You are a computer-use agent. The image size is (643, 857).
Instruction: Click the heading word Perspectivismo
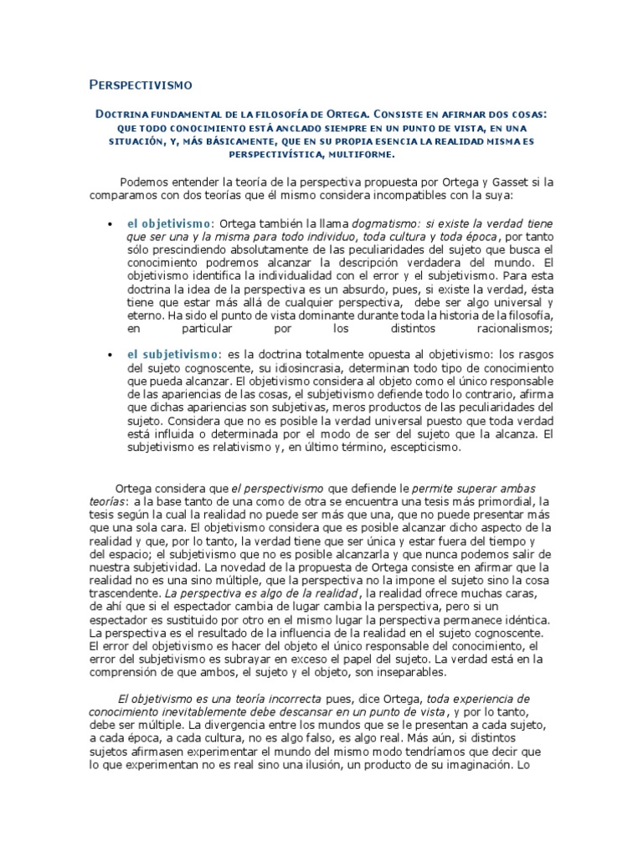coord(141,85)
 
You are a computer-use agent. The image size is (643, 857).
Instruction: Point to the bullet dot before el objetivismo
coord(111,226)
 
